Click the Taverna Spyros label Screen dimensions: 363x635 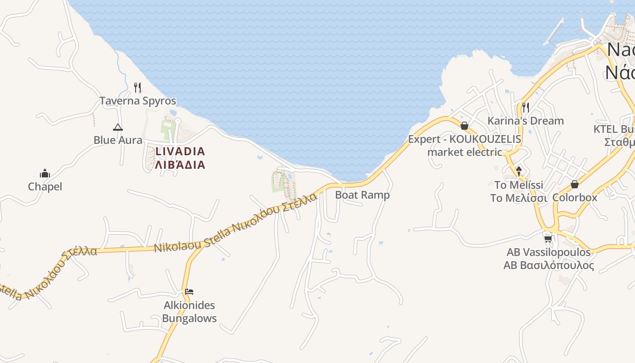(x=137, y=101)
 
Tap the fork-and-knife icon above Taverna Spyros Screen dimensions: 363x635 (x=137, y=88)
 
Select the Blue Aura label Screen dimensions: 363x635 (x=118, y=140)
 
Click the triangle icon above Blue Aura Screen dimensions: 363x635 (x=118, y=127)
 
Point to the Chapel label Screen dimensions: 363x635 (x=45, y=186)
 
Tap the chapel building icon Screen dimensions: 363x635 (x=45, y=173)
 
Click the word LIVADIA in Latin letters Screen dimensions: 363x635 (x=180, y=151)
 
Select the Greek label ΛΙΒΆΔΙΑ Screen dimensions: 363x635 (x=180, y=165)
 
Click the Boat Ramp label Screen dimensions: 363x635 (x=362, y=195)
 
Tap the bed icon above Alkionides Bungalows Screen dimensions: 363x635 (x=189, y=291)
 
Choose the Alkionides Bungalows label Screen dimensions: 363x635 (x=189, y=312)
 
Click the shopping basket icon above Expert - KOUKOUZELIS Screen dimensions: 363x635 (x=464, y=126)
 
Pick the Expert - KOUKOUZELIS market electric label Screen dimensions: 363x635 (x=464, y=145)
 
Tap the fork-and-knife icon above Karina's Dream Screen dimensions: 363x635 (x=525, y=108)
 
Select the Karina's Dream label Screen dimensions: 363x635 (x=525, y=121)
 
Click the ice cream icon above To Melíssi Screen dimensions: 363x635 (x=519, y=171)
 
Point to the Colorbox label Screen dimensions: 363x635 (x=575, y=198)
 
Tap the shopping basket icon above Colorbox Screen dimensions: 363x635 (x=575, y=184)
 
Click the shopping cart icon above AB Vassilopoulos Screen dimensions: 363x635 (x=548, y=239)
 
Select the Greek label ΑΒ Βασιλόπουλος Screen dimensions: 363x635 (x=548, y=265)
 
